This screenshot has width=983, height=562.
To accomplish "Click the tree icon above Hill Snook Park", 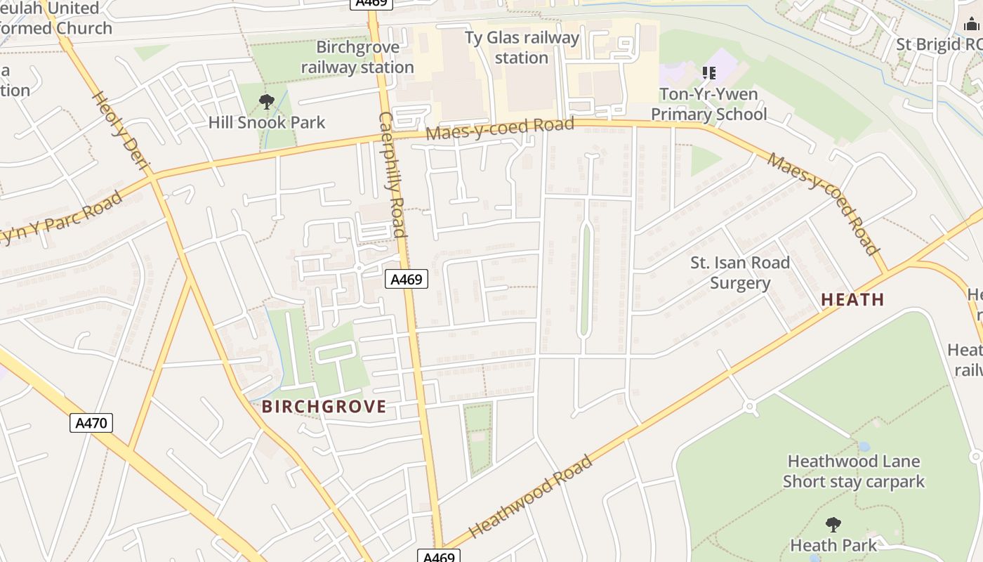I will pos(266,102).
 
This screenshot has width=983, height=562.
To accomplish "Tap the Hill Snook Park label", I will pos(267,122).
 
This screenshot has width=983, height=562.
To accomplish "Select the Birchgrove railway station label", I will pos(357,58).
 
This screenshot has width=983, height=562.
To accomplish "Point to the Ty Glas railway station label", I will pos(522,48).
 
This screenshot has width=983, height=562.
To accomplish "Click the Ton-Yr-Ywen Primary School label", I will pos(708,104).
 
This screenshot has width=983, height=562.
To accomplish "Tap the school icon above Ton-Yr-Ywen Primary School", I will pos(709,72).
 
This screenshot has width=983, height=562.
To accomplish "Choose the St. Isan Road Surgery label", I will pos(740,273).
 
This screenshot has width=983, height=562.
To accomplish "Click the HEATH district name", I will pos(852,299).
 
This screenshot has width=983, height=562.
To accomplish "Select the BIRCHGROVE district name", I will pos(324,407).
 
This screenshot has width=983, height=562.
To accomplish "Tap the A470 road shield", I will pos(91,423).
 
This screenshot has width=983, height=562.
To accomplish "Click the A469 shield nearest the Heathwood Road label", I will pos(440,556).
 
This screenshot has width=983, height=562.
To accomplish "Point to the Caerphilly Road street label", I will pos(392,175).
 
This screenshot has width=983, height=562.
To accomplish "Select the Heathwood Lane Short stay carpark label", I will pos(853,471).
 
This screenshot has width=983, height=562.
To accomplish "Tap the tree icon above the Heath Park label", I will pos(833,524).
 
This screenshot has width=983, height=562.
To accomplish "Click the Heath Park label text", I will pos(833,545).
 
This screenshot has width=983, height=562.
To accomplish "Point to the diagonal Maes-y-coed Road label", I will pos(823,204).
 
